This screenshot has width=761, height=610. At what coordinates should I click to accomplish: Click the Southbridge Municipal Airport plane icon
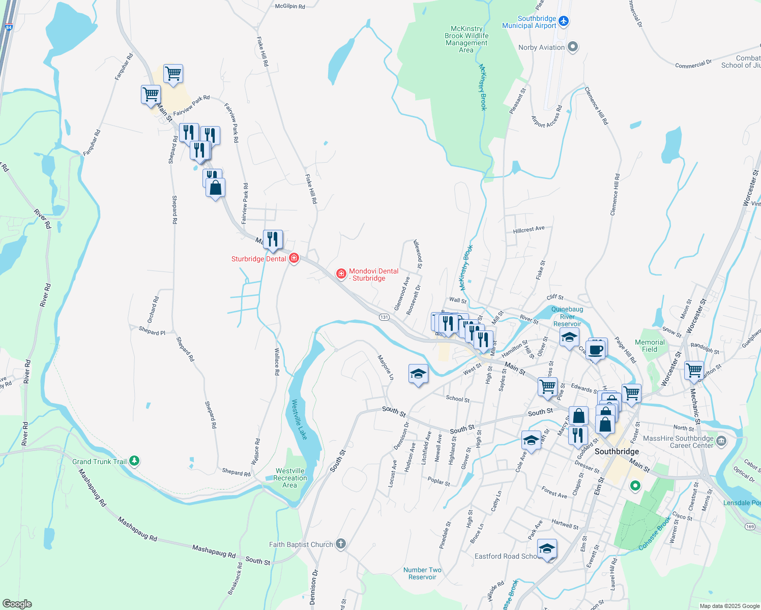(x=563, y=21)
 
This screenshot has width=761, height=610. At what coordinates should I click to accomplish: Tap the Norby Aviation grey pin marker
(x=573, y=47)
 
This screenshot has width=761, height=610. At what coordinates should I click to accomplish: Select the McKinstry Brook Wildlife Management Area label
(x=466, y=40)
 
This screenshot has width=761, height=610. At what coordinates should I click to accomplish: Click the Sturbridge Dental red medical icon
(x=294, y=258)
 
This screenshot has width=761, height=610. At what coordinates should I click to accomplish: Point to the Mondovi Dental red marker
(x=341, y=274)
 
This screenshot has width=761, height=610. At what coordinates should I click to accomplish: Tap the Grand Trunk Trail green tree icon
(x=134, y=461)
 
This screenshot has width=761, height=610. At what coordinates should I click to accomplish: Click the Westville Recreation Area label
(x=290, y=478)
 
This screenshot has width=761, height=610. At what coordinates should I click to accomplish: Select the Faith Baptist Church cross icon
(x=341, y=544)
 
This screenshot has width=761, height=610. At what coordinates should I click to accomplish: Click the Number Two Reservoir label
(x=422, y=573)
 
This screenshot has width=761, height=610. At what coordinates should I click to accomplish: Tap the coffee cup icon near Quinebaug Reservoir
(x=596, y=350)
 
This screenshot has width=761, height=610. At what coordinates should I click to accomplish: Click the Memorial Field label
(x=650, y=346)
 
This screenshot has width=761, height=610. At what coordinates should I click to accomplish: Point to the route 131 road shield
(x=384, y=317)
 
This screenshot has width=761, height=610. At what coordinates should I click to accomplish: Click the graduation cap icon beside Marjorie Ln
(x=418, y=374)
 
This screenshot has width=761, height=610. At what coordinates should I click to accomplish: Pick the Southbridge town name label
(x=617, y=451)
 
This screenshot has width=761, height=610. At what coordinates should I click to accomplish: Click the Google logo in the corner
(x=17, y=603)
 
